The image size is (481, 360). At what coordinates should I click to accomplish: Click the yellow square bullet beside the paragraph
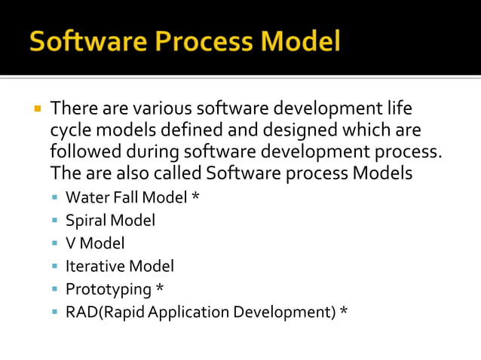(35, 108)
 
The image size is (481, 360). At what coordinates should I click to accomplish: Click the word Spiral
(86, 220)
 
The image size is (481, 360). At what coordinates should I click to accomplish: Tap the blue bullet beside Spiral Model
(56, 221)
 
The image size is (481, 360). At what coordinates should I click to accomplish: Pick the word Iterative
(95, 265)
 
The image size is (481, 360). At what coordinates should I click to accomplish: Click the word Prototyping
(109, 288)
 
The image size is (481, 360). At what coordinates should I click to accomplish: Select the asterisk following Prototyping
(159, 288)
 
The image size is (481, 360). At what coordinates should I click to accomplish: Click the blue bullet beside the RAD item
(56, 311)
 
